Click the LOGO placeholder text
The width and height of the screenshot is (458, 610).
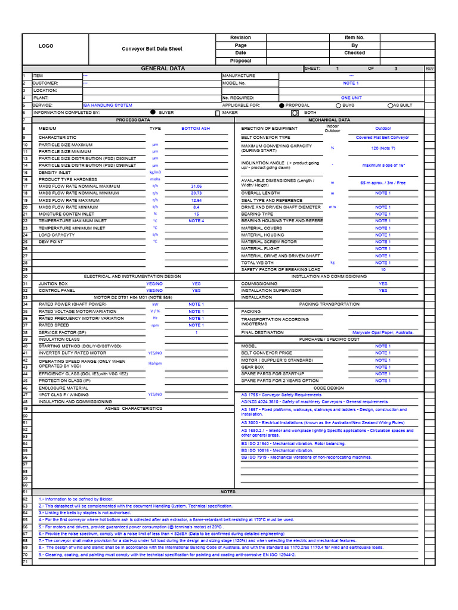[46, 46]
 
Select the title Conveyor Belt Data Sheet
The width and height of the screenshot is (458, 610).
[152, 49]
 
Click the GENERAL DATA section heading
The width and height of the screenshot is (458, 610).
[162, 69]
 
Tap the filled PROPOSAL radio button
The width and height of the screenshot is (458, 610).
[282, 105]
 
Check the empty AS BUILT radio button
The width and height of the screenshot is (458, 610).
[390, 105]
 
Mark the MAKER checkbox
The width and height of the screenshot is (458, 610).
[217, 112]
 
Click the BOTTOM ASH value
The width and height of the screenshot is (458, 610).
[196, 128]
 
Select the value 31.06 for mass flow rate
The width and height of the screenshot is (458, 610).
[196, 186]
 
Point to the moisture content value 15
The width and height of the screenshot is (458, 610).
[196, 214]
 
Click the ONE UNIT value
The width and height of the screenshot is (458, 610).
[351, 98]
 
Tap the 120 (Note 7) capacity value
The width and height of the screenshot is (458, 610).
[382, 148]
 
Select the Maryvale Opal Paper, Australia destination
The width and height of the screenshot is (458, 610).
[382, 332]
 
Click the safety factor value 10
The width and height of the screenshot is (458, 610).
[382, 269]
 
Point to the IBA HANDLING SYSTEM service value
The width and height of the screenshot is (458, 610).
[107, 105]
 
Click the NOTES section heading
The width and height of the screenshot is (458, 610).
[228, 492]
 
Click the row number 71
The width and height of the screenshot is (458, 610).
[26, 561]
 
